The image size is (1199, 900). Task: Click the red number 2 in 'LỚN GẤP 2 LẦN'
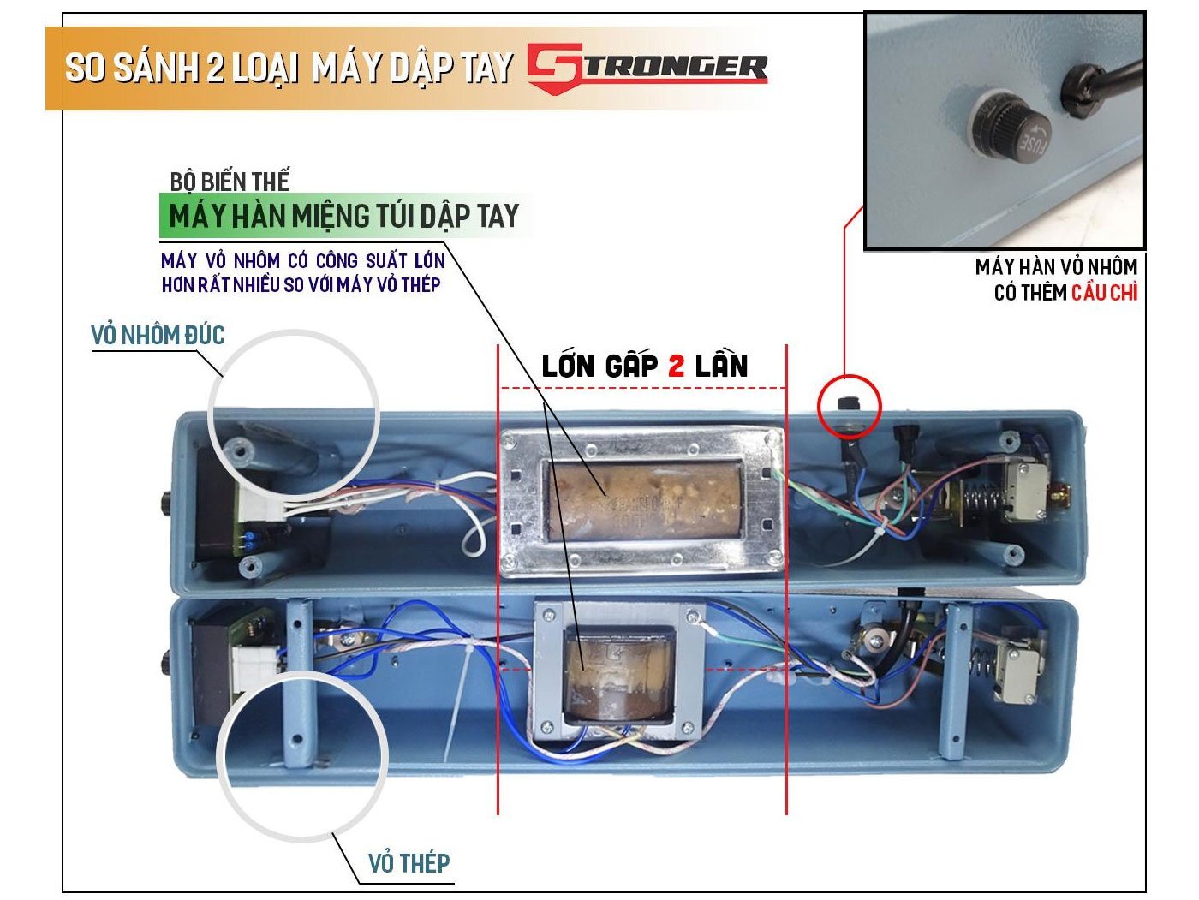[676, 366]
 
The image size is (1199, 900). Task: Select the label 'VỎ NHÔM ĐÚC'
[158, 335]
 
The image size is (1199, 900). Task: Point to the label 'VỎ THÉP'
[409, 862]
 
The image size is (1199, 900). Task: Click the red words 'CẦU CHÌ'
[1104, 292]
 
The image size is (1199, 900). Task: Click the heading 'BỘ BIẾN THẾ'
[230, 182]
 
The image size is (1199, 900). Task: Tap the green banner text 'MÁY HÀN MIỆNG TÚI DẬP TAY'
[343, 216]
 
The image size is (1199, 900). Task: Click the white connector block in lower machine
[254, 664]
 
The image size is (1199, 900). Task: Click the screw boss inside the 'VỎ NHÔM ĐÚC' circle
[237, 446]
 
